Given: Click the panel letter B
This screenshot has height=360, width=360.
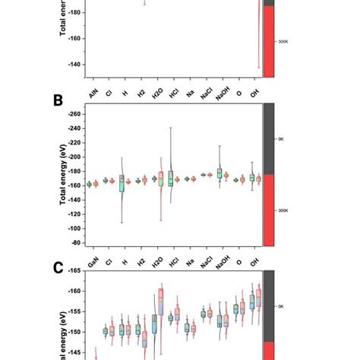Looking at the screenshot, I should coord(58,100).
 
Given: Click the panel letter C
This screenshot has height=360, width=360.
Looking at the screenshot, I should coord(58,267).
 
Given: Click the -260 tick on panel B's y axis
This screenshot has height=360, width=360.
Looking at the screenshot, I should coord(74,114).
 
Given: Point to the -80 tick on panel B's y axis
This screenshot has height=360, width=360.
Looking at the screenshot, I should coord(75,242).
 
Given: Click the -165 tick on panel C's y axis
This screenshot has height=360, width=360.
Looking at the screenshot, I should coord(74,271).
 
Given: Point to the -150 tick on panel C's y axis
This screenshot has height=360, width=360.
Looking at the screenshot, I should coord(74,332).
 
